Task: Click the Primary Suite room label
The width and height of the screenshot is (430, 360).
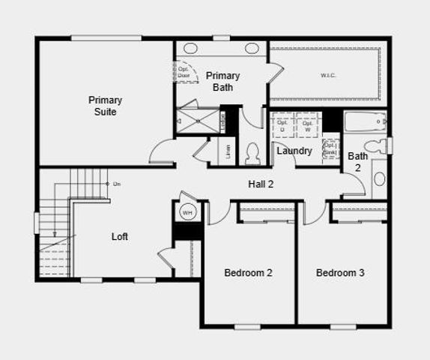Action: (x=105, y=106)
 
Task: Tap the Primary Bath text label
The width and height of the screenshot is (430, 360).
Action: (x=222, y=81)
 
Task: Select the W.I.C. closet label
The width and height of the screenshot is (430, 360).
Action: (x=327, y=75)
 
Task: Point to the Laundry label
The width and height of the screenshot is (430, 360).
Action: (x=294, y=151)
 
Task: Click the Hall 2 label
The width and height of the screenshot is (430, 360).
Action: (x=261, y=184)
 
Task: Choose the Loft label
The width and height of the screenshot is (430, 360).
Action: (x=120, y=236)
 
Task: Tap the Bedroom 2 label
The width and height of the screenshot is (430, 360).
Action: (x=248, y=273)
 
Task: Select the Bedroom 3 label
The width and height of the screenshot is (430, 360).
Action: (x=340, y=273)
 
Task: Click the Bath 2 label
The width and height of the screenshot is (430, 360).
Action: (x=357, y=161)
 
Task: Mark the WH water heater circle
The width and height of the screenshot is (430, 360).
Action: (x=187, y=212)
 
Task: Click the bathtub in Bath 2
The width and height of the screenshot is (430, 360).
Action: (x=365, y=121)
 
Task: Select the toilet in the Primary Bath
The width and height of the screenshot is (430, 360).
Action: (x=252, y=152)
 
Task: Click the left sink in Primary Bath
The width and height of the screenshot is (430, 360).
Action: (x=191, y=49)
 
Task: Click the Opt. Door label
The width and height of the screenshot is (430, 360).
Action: (x=184, y=72)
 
